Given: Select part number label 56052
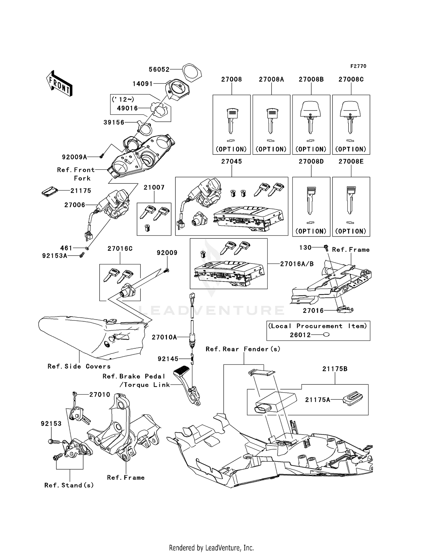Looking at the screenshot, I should point(159,69).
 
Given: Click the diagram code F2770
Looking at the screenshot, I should point(358,66).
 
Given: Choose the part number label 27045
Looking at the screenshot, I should point(232,161).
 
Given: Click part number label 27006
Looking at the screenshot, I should point(75,205).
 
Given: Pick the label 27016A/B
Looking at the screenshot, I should point(297,264).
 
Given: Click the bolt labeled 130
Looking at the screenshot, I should point(326,248).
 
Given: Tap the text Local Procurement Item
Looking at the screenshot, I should point(318,326).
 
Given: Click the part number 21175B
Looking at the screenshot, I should point(335,369).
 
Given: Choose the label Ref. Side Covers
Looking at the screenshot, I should point(79,366).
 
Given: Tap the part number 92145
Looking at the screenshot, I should point(168,359).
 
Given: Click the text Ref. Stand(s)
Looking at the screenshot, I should point(69,485).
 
